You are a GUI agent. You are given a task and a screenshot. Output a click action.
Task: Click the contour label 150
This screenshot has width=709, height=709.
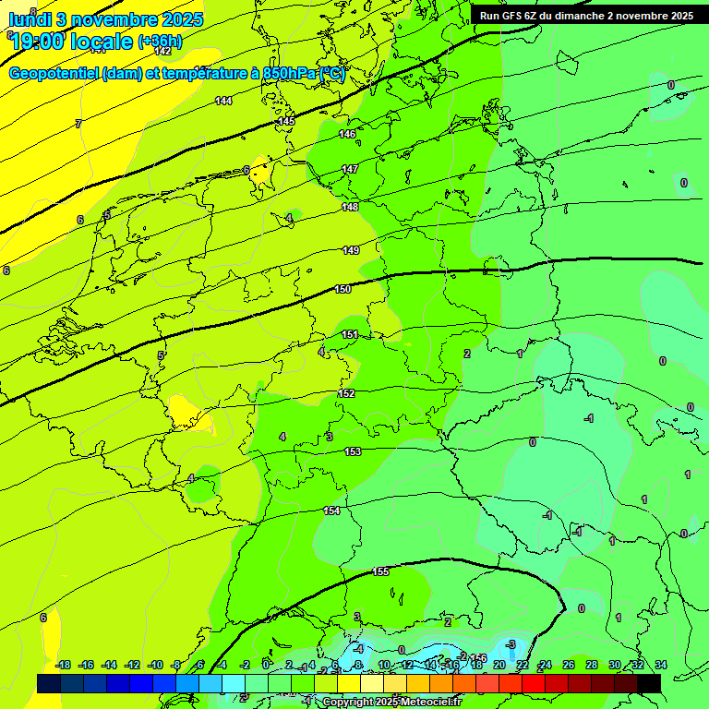[x=342, y=289]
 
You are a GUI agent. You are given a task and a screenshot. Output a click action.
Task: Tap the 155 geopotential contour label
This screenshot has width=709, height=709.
[x=380, y=571]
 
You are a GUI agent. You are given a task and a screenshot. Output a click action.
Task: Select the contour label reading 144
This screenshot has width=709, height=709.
[x=223, y=101]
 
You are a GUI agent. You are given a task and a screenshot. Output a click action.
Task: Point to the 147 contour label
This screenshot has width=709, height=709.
[x=350, y=169]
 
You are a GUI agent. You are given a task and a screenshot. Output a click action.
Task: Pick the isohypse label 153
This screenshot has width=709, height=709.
[x=353, y=451]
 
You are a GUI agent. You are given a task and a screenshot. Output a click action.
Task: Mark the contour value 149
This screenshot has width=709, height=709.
[x=351, y=250]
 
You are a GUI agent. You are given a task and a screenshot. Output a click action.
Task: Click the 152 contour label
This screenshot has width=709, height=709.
[x=346, y=393]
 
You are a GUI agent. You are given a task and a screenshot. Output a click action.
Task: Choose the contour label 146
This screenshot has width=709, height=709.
[x=347, y=134]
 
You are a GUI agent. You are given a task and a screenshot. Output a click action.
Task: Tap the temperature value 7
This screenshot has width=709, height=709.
[x=78, y=123]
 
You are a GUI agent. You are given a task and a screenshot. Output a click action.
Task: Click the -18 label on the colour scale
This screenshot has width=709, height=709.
[x=64, y=666]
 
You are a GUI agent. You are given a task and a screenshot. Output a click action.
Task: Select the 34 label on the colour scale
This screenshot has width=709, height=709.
[x=660, y=666]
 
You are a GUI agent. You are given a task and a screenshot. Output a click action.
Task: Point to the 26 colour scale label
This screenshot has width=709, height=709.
[x=568, y=666]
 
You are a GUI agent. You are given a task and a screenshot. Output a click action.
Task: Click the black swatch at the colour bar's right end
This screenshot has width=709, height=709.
[x=649, y=683]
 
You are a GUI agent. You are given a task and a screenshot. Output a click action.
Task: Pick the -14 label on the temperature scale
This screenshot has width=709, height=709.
[x=109, y=666]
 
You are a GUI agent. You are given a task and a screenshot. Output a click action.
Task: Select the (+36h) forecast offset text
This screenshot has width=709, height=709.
[x=160, y=42]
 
